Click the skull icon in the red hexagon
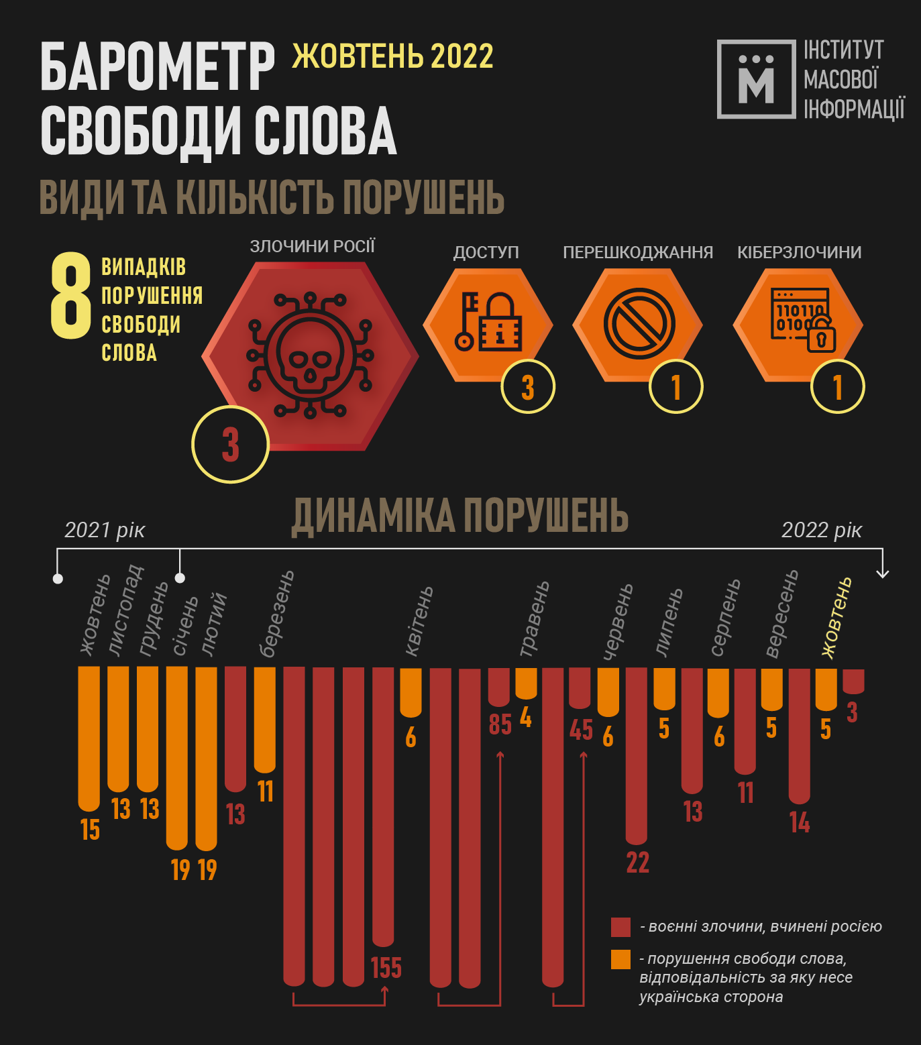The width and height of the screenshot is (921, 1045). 309,355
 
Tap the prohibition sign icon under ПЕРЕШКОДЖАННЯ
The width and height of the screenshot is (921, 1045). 639,324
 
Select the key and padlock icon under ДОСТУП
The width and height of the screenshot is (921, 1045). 488,323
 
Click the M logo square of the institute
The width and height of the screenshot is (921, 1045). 756,79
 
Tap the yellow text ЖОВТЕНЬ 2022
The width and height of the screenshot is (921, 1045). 392,56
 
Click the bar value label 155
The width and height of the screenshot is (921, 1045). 386,968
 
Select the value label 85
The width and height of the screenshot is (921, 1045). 500,724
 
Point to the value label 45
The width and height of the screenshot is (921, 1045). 581,730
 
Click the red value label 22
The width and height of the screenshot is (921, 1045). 637,863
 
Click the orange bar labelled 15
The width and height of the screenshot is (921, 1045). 89,738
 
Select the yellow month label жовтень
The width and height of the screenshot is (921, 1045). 837,618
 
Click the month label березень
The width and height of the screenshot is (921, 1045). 276,614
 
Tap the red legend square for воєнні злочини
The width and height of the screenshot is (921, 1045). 620,927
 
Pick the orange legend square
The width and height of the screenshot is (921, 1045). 620,959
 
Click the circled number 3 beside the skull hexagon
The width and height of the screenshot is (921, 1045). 230,444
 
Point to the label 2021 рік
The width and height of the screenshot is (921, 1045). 105,530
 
